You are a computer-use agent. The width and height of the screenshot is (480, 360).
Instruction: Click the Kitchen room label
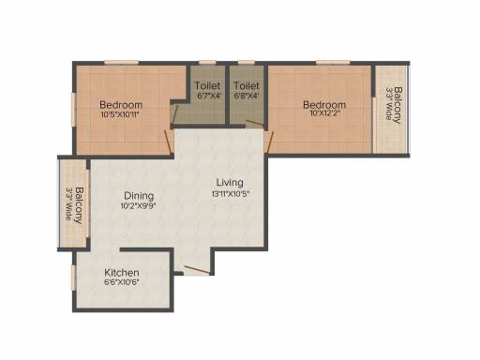tap(122, 272)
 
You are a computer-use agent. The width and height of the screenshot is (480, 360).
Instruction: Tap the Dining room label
tap(139, 196)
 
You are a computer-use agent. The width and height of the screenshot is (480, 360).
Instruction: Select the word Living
tap(230, 182)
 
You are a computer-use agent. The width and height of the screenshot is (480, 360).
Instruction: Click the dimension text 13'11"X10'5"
tap(231, 194)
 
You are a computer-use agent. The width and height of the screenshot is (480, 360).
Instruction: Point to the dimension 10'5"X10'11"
tap(120, 114)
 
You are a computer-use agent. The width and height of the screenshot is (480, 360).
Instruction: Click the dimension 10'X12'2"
tap(324, 112)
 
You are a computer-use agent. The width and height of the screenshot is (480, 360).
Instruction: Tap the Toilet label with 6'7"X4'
tap(207, 85)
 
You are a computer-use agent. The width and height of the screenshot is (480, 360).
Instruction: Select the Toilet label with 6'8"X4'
tap(247, 85)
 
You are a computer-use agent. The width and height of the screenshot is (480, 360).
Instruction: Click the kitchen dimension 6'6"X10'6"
tap(122, 282)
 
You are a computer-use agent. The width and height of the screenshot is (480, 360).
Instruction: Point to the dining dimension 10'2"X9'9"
tap(139, 206)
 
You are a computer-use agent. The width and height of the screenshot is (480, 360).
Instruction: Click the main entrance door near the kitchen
tap(197, 270)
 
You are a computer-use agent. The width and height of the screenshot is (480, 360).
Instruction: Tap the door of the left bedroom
tap(169, 142)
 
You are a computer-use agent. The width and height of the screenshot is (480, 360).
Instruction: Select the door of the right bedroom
tap(269, 142)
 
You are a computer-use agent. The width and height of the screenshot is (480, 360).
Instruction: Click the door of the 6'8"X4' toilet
tap(254, 123)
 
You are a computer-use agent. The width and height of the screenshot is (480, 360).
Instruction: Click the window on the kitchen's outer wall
tap(73, 277)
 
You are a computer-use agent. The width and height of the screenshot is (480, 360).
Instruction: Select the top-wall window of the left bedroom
tap(121, 63)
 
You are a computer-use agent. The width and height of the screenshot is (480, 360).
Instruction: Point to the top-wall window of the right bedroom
tap(333, 63)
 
